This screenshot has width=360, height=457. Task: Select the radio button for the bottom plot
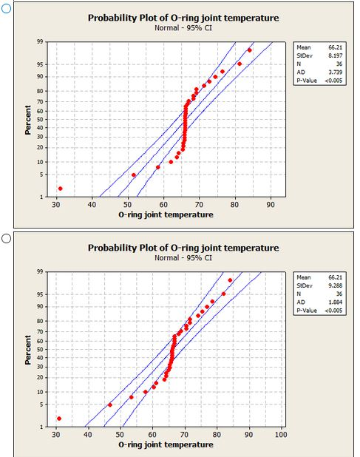click(x=7, y=239)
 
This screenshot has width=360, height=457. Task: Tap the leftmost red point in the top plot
click(x=61, y=189)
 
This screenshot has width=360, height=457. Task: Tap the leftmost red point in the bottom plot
click(x=59, y=419)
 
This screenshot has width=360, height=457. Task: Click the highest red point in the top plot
click(x=249, y=50)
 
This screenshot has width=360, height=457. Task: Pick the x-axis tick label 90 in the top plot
click(x=271, y=205)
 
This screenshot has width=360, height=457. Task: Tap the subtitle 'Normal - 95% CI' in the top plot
click(x=183, y=27)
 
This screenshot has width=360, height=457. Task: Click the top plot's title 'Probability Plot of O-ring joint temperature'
click(x=183, y=17)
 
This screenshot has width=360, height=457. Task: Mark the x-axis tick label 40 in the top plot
click(x=92, y=205)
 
